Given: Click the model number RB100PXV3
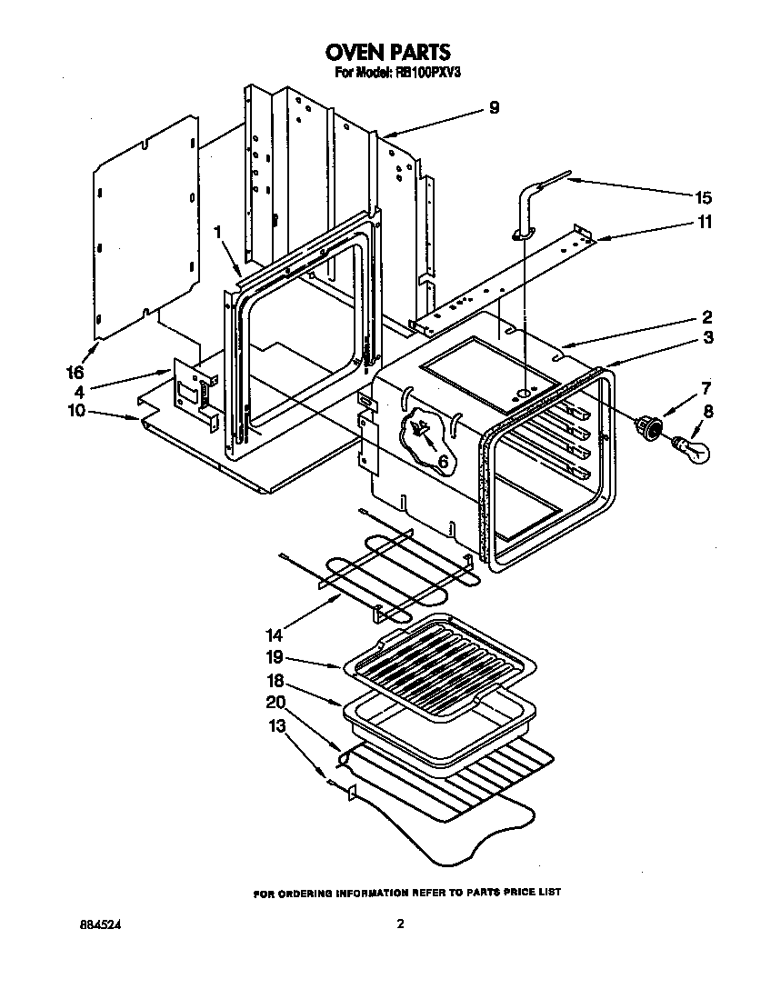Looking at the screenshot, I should tap(424, 74).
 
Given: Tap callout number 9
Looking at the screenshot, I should tap(494, 107).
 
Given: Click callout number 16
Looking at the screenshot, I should tap(75, 373).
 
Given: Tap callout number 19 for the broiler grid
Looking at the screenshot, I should tap(274, 657).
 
